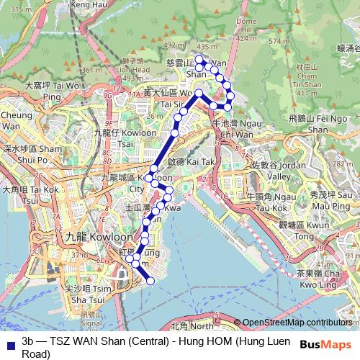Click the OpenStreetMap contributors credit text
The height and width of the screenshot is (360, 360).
(297, 322)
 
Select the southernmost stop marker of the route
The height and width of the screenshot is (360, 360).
(150, 281)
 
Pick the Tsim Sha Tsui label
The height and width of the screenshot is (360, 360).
(86, 294)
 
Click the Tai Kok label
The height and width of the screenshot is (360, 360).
(31, 190)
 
